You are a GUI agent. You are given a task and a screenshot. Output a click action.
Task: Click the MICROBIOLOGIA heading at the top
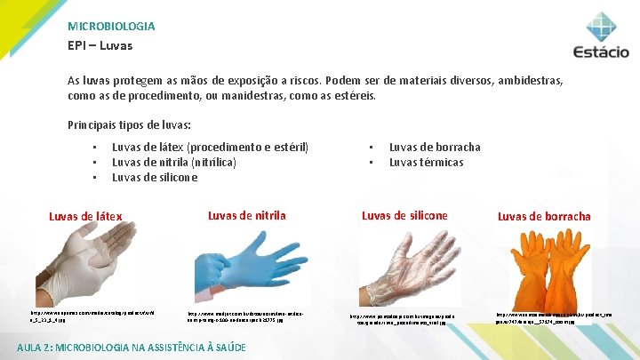coord(111,27)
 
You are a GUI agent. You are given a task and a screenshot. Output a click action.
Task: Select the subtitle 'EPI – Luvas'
coord(100,44)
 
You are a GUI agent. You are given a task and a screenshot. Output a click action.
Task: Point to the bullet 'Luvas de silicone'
coord(155,177)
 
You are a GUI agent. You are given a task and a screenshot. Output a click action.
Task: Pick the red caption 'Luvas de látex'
coord(85,216)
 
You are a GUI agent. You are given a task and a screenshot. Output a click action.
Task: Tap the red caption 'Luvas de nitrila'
coord(246,215)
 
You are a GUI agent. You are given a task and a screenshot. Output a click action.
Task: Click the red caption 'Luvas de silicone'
coord(404,215)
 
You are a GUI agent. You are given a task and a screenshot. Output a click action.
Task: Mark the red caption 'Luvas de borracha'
coord(544,216)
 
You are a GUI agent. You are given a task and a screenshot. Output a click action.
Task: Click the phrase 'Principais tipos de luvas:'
coord(129,124)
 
